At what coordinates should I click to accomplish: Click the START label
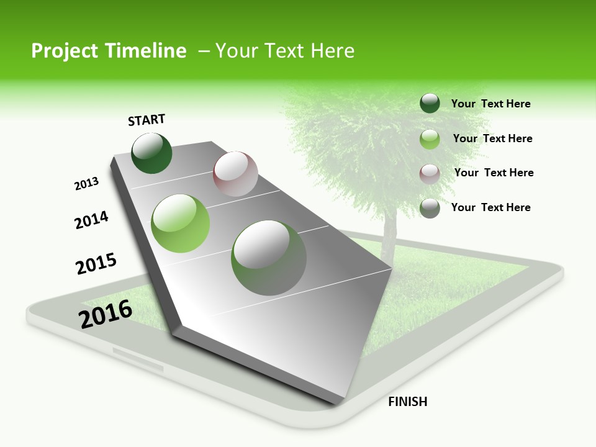point(147,120)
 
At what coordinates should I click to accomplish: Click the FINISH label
point(407,402)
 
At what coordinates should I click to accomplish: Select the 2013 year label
point(86,184)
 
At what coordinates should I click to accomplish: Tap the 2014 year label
point(91,220)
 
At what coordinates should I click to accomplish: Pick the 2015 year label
point(96,264)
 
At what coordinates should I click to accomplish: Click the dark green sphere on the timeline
point(151,153)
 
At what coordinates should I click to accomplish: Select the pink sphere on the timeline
point(235,174)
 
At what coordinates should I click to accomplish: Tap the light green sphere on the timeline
point(181,223)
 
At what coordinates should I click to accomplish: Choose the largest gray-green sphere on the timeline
point(269,258)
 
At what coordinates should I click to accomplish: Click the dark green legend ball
point(430,103)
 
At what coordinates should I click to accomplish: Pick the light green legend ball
point(430,139)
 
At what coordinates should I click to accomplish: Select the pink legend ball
point(430,173)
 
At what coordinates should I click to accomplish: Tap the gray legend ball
point(430,208)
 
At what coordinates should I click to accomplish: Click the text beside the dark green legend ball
point(490,104)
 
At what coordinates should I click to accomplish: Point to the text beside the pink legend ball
point(494,173)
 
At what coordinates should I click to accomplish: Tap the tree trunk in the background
point(389,236)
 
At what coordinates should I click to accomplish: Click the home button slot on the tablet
point(138,359)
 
